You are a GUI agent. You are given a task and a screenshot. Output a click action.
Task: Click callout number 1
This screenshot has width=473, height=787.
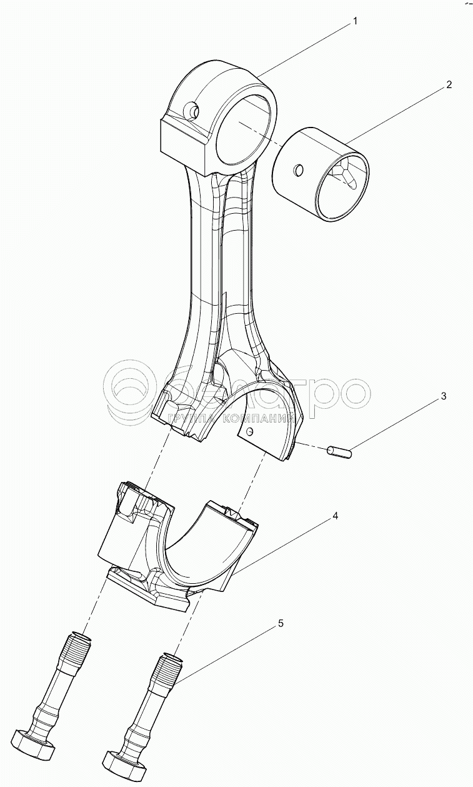coord(355,22)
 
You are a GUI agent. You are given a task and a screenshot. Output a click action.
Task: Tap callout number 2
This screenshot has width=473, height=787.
coord(449,85)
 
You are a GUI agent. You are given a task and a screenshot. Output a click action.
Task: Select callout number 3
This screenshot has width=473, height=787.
coord(443,396)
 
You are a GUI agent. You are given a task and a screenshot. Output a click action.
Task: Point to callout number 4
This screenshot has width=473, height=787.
coord(335,516)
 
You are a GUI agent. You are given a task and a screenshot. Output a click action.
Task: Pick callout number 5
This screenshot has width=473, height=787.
coord(281,623)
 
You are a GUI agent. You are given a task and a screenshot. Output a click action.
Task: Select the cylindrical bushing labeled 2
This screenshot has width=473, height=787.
coord(321,175)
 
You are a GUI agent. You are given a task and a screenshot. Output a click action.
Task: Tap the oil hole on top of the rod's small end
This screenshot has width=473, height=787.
coord(194,113)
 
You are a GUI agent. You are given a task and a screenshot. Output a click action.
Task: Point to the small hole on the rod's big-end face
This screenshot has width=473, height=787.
coord(251,433)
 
